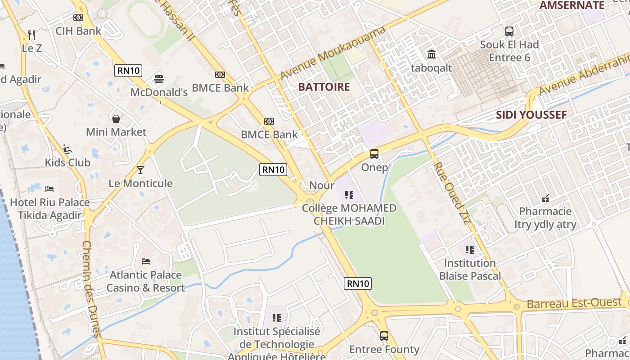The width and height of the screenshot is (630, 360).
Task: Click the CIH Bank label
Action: pos(78,31)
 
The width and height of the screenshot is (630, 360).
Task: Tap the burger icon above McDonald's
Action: pos(158,79)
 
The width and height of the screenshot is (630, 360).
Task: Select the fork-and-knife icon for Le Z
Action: pos(31,35)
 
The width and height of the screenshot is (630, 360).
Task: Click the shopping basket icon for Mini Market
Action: pos(116,119)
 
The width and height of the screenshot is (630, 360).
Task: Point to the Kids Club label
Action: pos(67,162)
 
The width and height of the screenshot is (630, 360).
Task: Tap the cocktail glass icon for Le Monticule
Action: pos(140,170)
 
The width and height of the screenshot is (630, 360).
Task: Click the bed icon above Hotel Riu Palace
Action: pos(49,189)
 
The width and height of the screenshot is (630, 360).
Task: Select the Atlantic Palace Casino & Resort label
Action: pos(145,281)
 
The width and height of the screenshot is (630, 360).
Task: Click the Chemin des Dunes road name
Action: pos(90,288)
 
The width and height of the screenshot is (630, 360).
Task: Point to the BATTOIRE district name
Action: pos(324,87)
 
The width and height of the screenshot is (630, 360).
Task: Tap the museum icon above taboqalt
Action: pos(431,54)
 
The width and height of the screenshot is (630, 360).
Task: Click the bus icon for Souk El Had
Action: pos(509,31)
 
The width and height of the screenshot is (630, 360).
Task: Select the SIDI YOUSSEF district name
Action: pos(531,115)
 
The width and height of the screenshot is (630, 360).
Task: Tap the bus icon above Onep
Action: pos(374,154)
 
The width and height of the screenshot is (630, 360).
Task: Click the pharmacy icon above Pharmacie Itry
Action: pos(545,198)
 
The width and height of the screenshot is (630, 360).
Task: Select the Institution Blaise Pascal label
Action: pos(470,269)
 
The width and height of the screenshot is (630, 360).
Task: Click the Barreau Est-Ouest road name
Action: pos(574,303)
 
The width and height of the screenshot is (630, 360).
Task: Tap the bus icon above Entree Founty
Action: pos(384,336)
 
